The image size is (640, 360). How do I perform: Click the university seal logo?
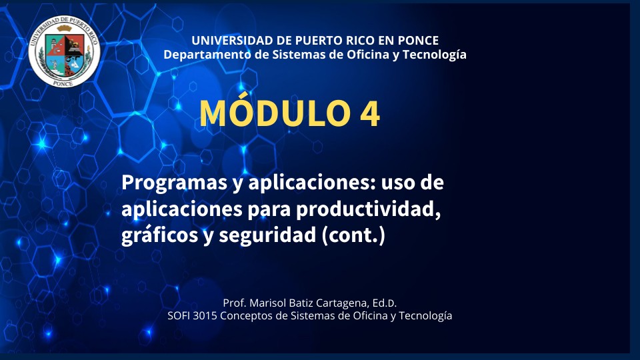point(64,51)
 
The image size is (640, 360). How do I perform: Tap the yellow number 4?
point(370,113)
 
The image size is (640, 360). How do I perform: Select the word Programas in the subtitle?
point(175,183)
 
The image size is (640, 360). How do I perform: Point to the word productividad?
point(368,209)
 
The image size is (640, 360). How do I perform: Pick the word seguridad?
point(267,235)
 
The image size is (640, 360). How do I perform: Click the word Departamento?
point(207,55)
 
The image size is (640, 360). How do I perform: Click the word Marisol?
point(267,303)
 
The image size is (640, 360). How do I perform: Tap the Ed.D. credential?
point(384,303)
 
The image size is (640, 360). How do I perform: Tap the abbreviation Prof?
point(234,303)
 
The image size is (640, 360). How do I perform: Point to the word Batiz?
point(301,303)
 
